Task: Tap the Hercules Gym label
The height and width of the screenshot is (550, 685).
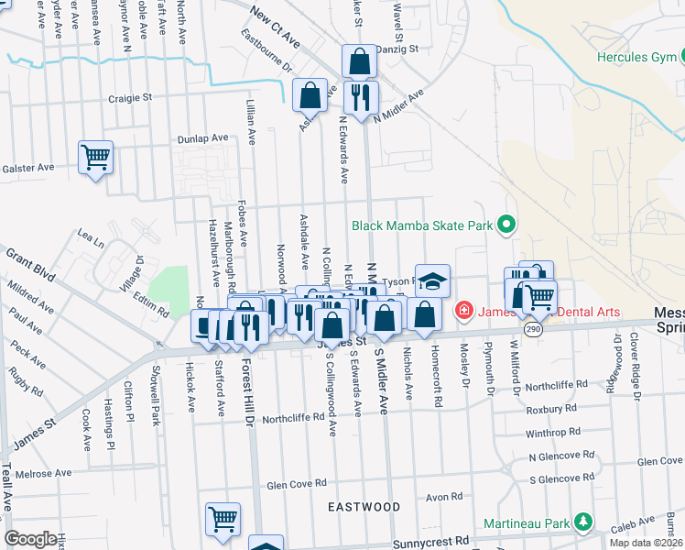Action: pos(635,57)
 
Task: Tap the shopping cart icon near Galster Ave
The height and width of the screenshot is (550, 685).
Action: pos(95,158)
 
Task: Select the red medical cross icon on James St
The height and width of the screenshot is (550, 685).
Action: pos(463,311)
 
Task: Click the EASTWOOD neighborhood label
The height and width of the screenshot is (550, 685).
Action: pos(364,506)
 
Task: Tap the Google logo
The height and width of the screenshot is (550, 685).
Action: pos(30,539)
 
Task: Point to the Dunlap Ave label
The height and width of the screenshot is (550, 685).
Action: pos(203,137)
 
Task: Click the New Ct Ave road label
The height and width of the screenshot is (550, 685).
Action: pos(275,28)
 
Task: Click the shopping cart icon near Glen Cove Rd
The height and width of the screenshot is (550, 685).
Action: pos(223,520)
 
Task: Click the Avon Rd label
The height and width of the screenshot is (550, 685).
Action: pos(443,497)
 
